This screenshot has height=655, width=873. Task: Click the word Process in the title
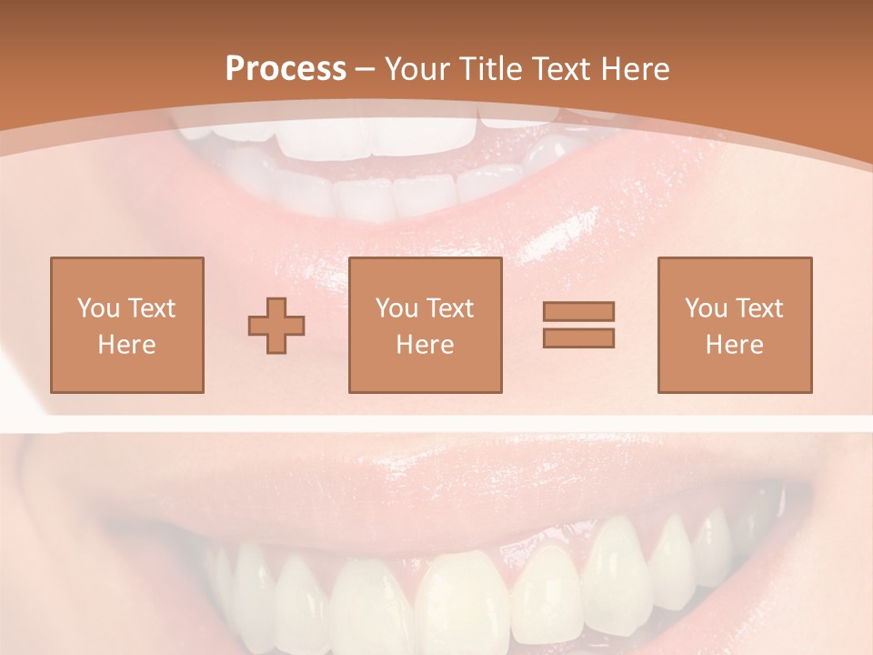(286, 69)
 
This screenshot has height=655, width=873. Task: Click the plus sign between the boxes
(276, 326)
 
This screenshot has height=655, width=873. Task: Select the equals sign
(578, 325)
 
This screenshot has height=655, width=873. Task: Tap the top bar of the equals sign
(578, 312)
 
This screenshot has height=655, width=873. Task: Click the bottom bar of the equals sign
(578, 338)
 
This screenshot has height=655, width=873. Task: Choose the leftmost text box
(126, 325)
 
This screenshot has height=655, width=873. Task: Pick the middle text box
(425, 325)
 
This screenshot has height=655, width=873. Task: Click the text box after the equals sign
(734, 325)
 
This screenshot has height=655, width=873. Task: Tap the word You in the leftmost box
(98, 308)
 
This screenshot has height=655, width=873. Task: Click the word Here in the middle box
(425, 345)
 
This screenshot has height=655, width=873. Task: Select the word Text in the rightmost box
(758, 308)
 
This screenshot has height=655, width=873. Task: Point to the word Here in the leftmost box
(126, 345)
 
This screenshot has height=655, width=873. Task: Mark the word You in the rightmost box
(706, 308)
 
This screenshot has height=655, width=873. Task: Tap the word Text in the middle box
(448, 308)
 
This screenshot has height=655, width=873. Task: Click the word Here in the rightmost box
(734, 345)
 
